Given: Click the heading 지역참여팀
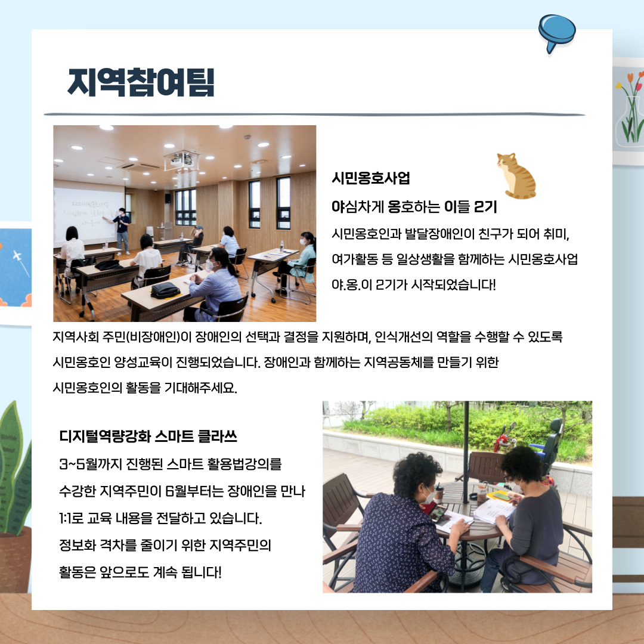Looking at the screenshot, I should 141,83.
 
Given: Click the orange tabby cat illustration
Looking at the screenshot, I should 516,175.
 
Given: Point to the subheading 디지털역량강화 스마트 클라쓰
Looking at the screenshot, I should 148,436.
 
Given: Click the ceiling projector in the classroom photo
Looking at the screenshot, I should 182,159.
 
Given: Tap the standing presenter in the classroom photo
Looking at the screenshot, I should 122,230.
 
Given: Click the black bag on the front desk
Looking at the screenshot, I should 165,290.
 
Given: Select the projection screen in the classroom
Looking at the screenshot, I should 89,215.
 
